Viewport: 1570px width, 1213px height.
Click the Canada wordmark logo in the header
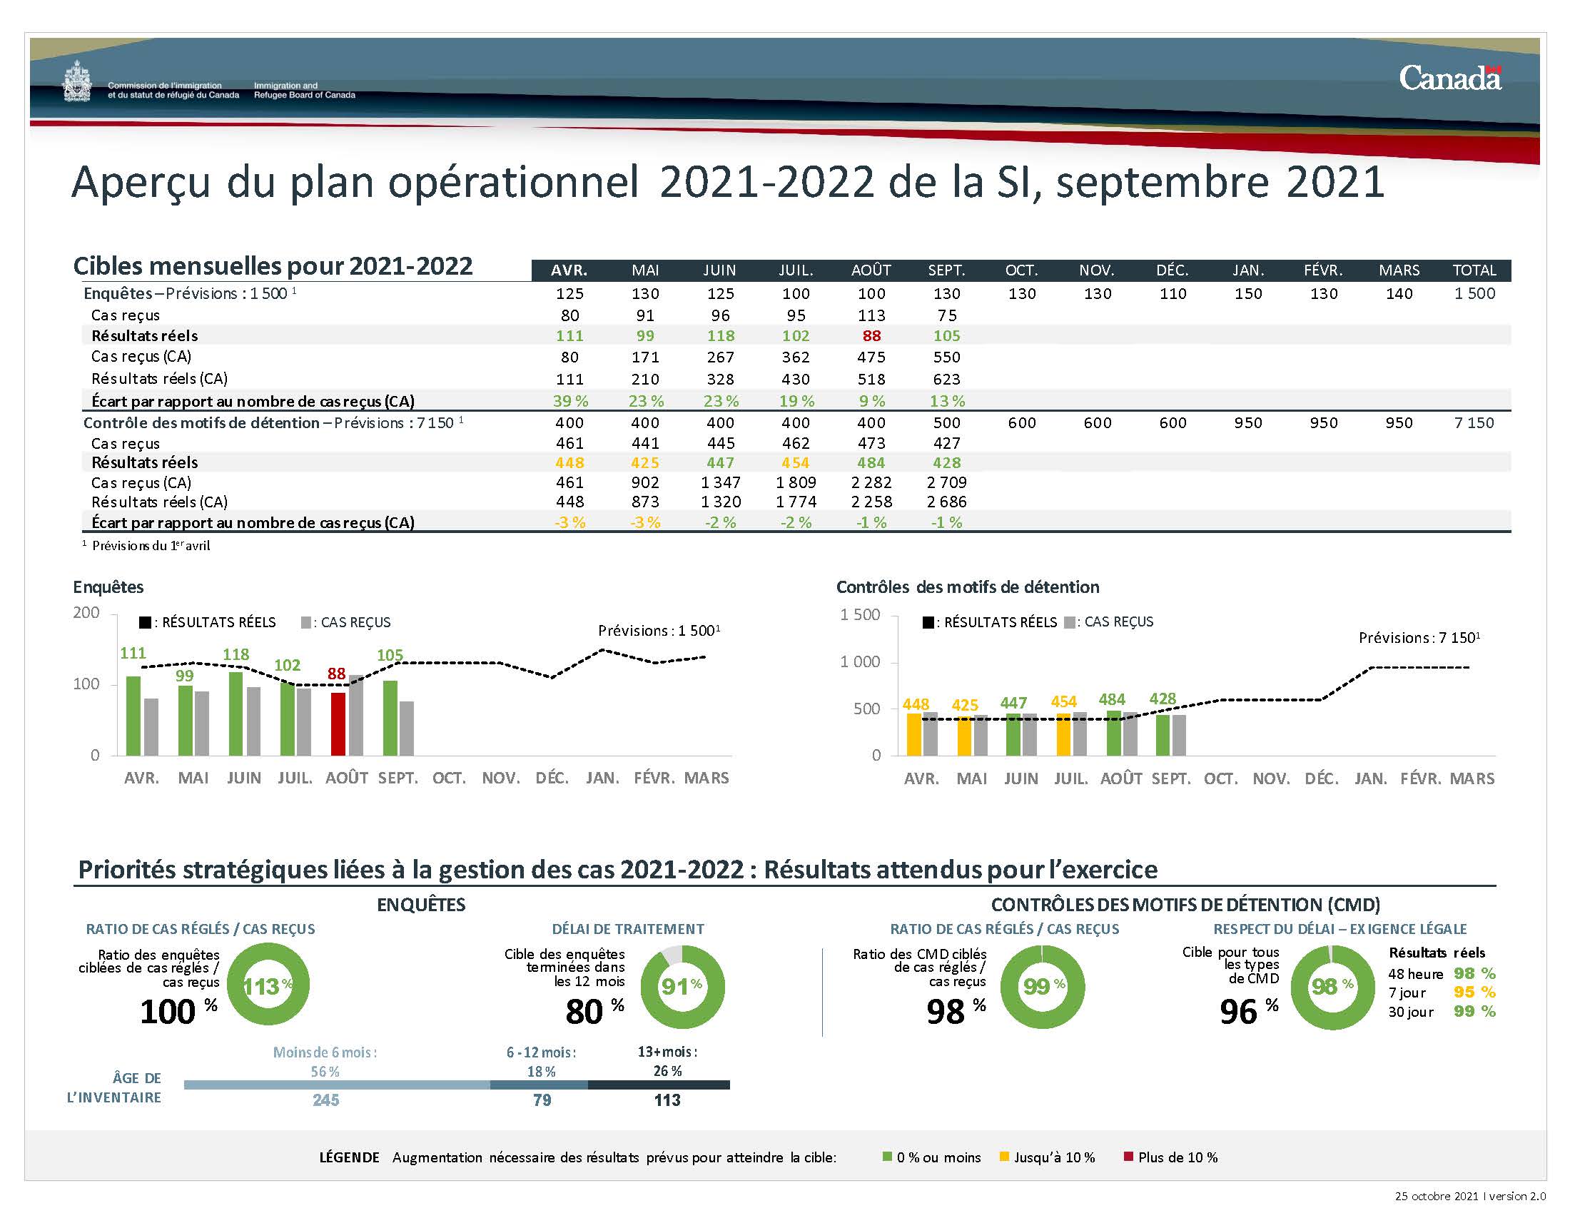pos(1449,78)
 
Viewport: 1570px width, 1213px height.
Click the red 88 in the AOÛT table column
pos(871,335)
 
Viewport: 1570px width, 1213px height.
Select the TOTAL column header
pos(1474,270)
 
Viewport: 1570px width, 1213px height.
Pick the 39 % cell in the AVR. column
pos(570,401)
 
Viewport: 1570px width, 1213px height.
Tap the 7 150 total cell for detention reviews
pos(1474,422)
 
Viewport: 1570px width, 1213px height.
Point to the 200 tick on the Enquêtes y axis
pos(86,613)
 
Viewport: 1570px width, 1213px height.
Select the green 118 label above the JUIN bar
pos(235,654)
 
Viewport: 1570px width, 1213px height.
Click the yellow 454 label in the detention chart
pos(1063,701)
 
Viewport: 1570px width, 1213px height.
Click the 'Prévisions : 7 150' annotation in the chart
pos(1418,637)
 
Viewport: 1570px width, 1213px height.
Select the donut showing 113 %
pos(268,985)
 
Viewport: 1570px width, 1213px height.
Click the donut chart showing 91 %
pos(682,986)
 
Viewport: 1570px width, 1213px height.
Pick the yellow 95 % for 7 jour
pos(1474,993)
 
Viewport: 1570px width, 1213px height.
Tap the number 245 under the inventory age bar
pos(325,1100)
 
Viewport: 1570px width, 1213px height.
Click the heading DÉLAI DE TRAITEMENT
pos(627,929)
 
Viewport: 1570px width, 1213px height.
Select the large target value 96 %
pos(1248,1011)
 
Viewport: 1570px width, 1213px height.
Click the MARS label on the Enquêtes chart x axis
pos(706,778)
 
